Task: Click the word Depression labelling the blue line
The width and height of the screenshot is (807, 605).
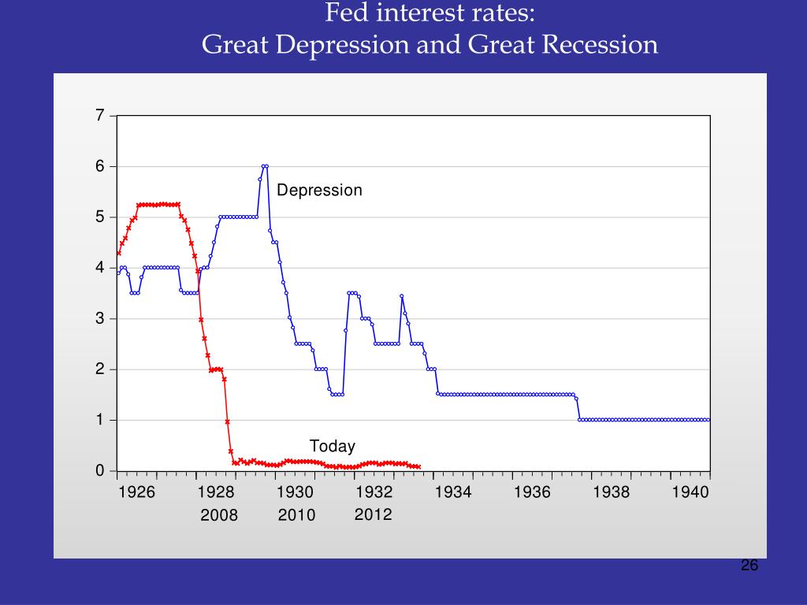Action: tap(319, 191)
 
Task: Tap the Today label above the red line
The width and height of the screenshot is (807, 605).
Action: tap(332, 447)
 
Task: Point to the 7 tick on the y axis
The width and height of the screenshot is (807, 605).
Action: tap(100, 116)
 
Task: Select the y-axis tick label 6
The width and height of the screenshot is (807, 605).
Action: tap(100, 166)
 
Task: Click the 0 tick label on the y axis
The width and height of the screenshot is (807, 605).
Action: tap(100, 471)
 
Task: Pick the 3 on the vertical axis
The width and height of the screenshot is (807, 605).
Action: tap(100, 319)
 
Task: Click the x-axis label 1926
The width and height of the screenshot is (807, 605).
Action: tap(136, 492)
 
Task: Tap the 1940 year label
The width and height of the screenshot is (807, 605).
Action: tap(691, 492)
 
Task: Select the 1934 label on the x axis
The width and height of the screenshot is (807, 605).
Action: tap(453, 492)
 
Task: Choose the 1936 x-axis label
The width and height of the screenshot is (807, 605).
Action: tap(532, 492)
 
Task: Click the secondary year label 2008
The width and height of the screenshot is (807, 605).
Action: tap(218, 515)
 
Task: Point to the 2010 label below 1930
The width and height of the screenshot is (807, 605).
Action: tap(296, 515)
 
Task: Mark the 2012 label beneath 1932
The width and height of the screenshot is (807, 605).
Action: tap(373, 514)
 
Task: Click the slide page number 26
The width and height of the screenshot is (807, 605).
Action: tap(749, 566)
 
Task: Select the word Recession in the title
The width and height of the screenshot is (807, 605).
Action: tap(600, 44)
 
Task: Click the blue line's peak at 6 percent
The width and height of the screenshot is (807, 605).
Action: tap(265, 166)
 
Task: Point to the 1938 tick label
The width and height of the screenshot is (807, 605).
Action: tap(612, 492)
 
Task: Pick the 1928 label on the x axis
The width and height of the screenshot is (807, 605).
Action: tap(216, 492)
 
